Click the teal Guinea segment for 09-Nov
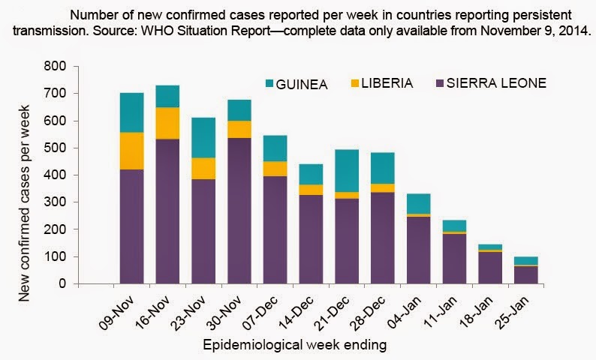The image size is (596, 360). point(131,112)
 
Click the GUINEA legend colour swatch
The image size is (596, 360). point(272,83)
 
